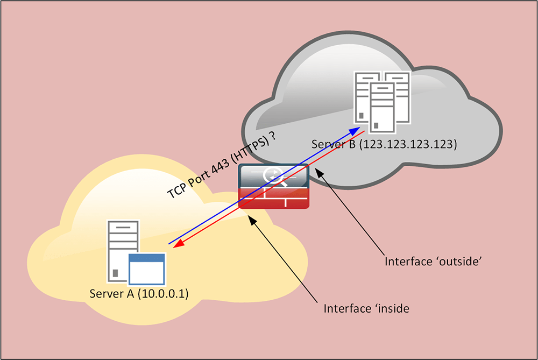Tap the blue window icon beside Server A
tap(147, 269)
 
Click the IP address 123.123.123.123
tap(409, 144)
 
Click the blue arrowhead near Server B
tap(356, 130)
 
